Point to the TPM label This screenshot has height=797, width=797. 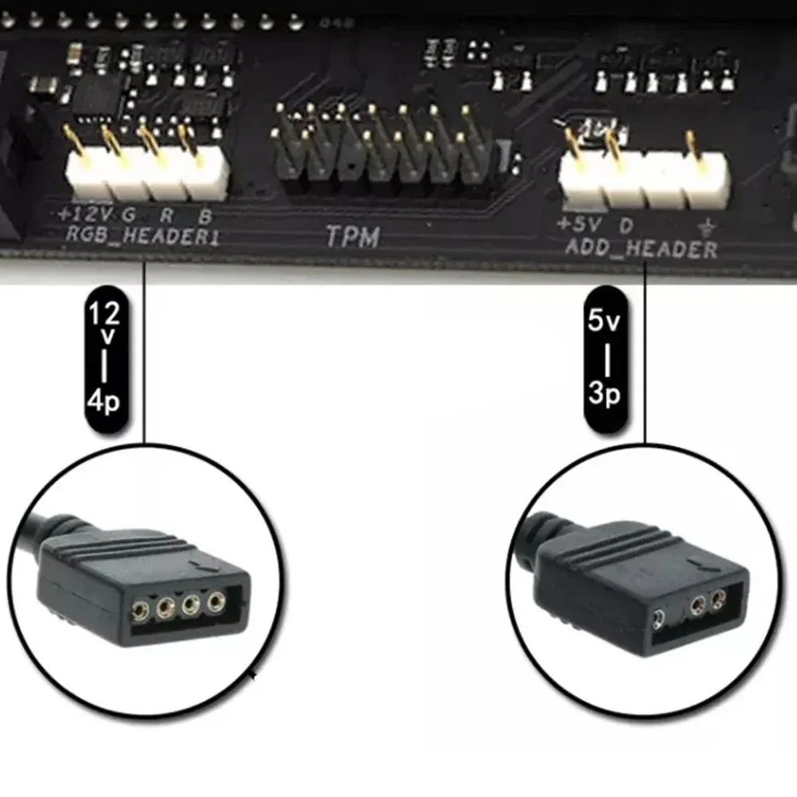351,237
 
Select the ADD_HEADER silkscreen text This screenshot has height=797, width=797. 642,249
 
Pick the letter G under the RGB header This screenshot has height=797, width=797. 128,214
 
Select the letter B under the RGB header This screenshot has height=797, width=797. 205,214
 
